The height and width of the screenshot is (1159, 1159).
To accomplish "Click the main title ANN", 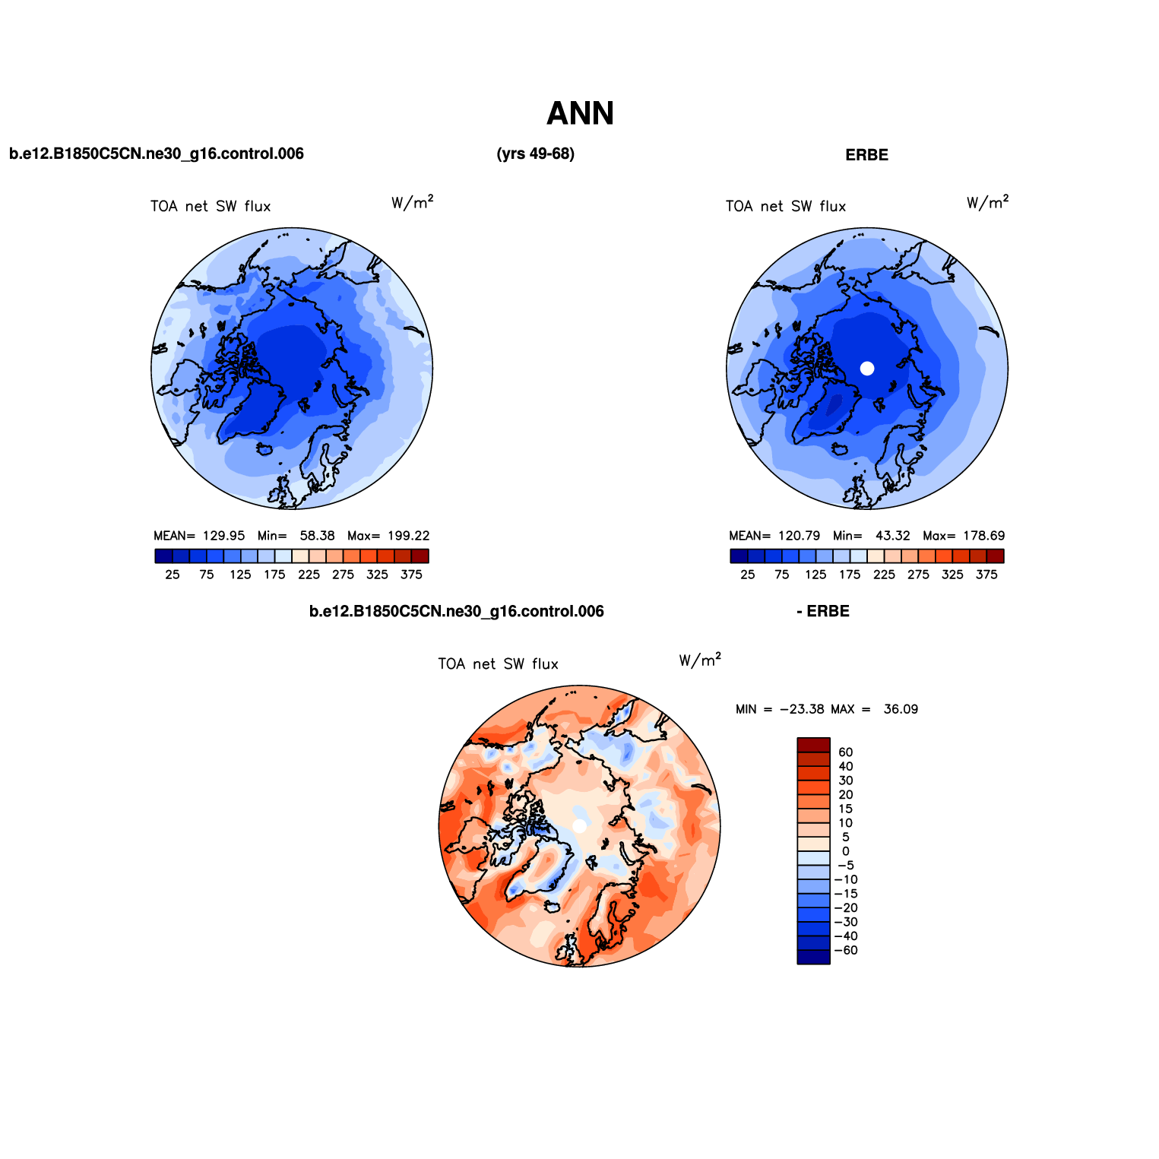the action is [580, 114].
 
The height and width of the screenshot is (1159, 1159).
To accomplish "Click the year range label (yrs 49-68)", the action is [536, 154].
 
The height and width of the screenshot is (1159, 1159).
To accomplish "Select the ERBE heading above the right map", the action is [866, 155].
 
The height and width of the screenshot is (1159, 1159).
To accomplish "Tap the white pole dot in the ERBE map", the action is [867, 369].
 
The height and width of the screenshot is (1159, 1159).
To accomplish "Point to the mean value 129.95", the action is [223, 536].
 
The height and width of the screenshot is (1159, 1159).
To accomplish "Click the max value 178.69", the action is [983, 536].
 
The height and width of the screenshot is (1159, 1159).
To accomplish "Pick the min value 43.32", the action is [893, 536].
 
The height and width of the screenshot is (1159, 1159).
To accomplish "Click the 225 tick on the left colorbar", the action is [309, 575].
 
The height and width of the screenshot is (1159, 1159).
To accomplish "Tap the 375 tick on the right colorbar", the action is [986, 575].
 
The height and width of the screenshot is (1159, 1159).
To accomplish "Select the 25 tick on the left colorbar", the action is [173, 575].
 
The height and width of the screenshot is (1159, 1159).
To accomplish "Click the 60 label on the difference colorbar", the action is [846, 752].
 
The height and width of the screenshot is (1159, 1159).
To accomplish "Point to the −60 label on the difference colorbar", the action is [846, 951].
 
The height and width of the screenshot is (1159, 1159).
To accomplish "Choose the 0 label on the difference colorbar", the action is [846, 851].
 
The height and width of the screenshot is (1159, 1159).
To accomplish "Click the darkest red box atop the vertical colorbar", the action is [813, 745].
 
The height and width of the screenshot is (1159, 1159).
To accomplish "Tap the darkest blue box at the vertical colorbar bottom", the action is [813, 958].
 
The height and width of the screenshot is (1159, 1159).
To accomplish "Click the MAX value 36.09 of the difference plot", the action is [901, 709].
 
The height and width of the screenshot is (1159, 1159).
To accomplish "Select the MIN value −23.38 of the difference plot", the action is [802, 709].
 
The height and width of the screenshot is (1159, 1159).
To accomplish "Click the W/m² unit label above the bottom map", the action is [700, 660].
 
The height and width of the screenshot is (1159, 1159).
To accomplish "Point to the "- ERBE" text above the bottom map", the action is [823, 612].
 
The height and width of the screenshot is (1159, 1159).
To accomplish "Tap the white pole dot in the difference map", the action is [579, 826].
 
